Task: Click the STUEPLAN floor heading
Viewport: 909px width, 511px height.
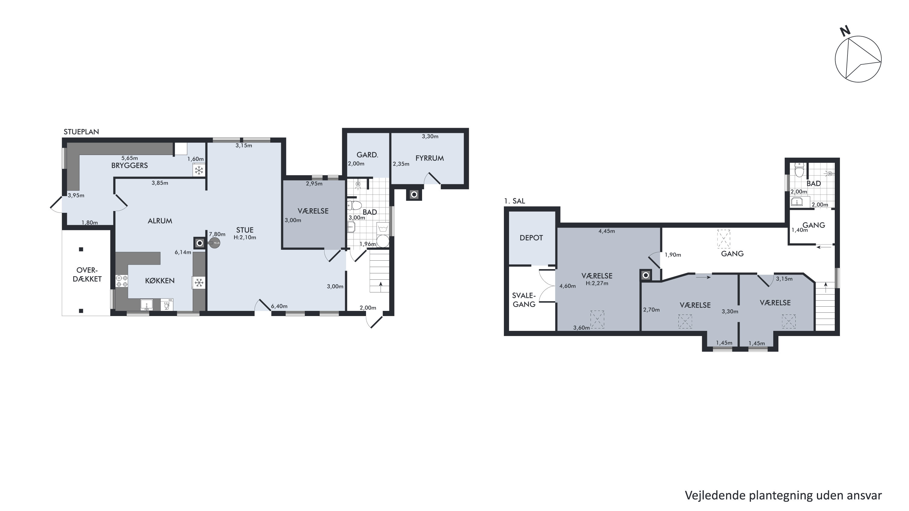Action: coord(81,132)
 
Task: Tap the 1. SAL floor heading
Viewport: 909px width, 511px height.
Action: coord(514,201)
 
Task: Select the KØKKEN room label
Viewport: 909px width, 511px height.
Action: coord(160,281)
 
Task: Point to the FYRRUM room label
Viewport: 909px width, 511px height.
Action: coord(429,158)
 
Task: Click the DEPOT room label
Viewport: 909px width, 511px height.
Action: coord(531,238)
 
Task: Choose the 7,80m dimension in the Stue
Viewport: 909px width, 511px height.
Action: coord(217,234)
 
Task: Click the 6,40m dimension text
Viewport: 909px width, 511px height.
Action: coord(279,306)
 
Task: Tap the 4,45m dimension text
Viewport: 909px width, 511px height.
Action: coord(607,231)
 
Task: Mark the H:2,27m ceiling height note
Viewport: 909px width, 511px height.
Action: coord(597,283)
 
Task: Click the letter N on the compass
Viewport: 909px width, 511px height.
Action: coord(845,31)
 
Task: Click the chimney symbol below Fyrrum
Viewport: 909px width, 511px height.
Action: coord(414,195)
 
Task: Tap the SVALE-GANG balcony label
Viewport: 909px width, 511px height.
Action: coord(524,300)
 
